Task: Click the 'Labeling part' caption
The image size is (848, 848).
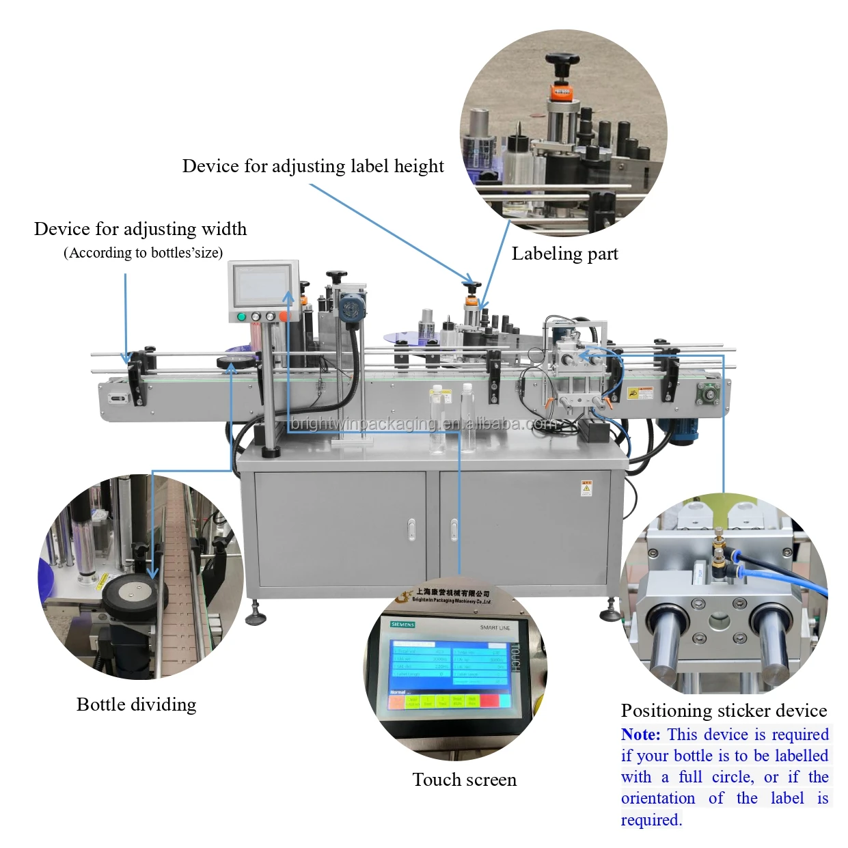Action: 564,254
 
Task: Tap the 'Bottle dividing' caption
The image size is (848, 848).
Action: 136,705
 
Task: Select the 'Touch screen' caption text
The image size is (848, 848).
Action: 464,780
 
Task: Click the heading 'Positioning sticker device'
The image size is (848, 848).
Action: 724,711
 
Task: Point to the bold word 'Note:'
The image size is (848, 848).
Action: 640,735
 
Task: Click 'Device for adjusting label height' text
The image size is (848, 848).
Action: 313,166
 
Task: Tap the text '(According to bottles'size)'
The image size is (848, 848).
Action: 143,253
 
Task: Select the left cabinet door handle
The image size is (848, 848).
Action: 411,530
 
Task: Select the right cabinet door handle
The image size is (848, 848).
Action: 454,530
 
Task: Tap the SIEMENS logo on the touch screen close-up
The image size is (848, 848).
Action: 402,625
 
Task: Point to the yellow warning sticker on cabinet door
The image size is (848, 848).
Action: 586,488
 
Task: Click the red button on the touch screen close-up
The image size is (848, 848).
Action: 489,700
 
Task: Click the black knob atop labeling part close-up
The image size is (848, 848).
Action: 562,61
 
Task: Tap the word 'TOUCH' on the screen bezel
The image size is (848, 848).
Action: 515,656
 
